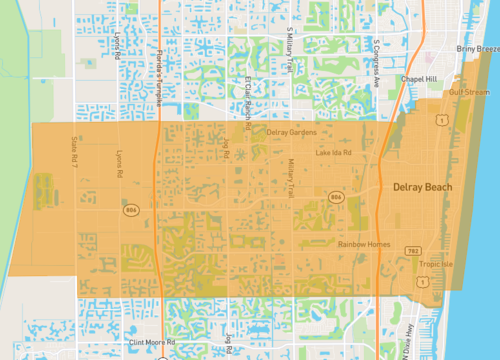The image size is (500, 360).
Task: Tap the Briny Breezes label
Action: click(476, 48)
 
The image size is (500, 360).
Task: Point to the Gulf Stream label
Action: click(468, 92)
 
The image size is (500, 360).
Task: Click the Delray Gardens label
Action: click(291, 132)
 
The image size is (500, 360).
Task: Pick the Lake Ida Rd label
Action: click(333, 153)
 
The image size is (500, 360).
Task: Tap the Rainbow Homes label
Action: click(363, 244)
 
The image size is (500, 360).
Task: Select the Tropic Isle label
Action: click(436, 265)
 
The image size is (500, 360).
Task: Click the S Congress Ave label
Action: click(376, 57)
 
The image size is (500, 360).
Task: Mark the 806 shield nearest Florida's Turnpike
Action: click(130, 211)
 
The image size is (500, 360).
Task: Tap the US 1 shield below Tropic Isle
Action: click(427, 283)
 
